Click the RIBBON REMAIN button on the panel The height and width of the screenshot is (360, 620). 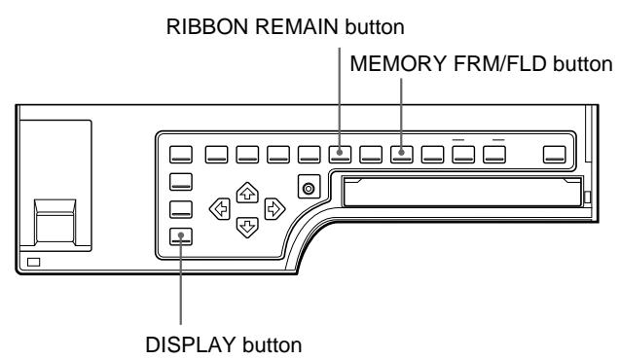[x=340, y=153]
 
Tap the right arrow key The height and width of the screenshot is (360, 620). [x=275, y=206]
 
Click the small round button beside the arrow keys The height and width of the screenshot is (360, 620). [x=309, y=187]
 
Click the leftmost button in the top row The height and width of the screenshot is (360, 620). [x=182, y=153]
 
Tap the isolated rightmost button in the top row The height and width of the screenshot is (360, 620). [x=554, y=153]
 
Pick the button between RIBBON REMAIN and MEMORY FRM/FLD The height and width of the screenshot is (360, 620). [x=371, y=153]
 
